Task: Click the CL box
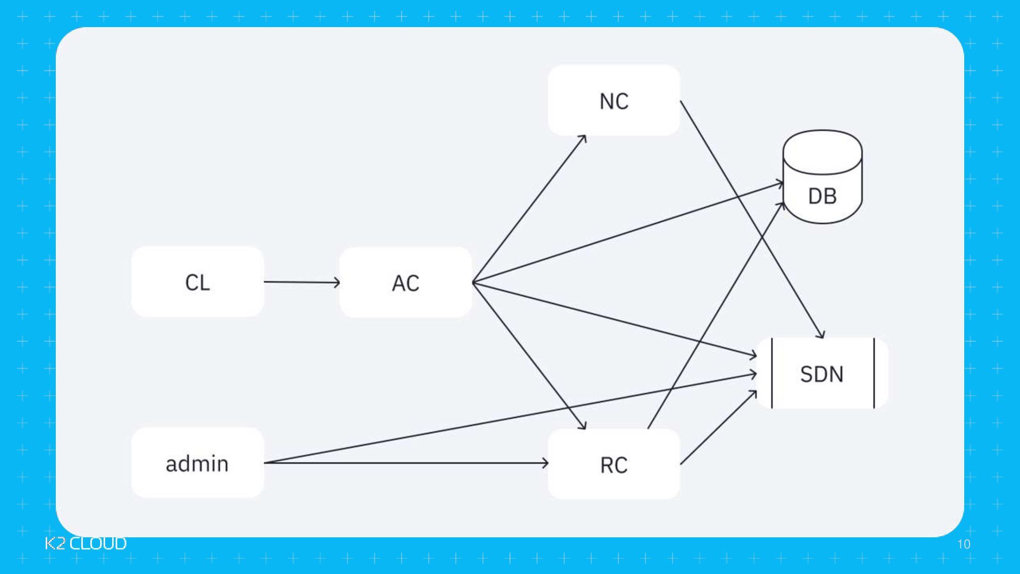pyautogui.click(x=197, y=282)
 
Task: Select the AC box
pyautogui.click(x=405, y=282)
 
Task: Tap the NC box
pyautogui.click(x=614, y=100)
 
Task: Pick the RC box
pyautogui.click(x=614, y=464)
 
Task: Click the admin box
pyautogui.click(x=197, y=463)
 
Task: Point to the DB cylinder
pyautogui.click(x=822, y=183)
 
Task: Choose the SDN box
pyautogui.click(x=822, y=374)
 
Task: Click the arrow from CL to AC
pyautogui.click(x=301, y=282)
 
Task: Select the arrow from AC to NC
pyautogui.click(x=529, y=209)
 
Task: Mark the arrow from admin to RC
pyautogui.click(x=406, y=463)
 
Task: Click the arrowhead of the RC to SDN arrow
pyautogui.click(x=753, y=394)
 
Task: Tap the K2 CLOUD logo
pyautogui.click(x=86, y=543)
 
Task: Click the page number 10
pyautogui.click(x=964, y=544)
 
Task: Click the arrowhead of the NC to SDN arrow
pyautogui.click(x=821, y=335)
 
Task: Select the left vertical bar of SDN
pyautogui.click(x=772, y=374)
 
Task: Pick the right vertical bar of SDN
pyautogui.click(x=874, y=374)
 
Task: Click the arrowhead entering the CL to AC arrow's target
pyautogui.click(x=337, y=282)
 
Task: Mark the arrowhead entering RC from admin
pyautogui.click(x=545, y=463)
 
